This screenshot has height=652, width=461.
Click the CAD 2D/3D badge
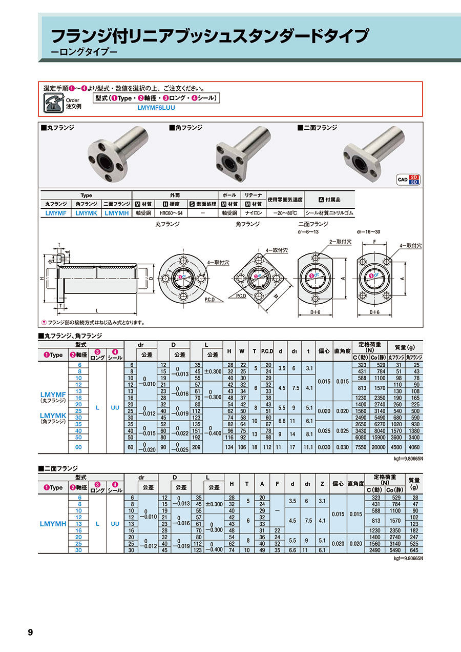click(408, 180)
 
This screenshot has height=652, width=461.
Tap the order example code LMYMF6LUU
click(156, 108)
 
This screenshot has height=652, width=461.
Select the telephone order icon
click(53, 103)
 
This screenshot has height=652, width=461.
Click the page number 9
click(30, 632)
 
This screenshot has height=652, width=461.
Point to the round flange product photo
click(118, 154)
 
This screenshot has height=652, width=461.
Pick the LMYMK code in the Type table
click(87, 213)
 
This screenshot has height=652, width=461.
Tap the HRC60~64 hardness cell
click(171, 213)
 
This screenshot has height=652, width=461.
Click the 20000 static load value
click(378, 447)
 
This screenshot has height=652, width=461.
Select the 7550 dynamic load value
click(361, 447)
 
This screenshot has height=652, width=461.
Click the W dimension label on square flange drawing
click(276, 297)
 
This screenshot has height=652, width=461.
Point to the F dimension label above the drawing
click(374, 242)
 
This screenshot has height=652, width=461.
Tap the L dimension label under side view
click(97, 310)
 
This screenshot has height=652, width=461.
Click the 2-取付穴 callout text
click(340, 242)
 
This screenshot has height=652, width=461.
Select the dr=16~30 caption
click(368, 232)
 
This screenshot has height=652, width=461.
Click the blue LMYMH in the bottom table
click(53, 524)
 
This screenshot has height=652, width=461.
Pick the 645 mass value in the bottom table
click(414, 550)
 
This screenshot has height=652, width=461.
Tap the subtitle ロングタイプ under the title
click(85, 52)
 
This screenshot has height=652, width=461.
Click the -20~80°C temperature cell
click(285, 213)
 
